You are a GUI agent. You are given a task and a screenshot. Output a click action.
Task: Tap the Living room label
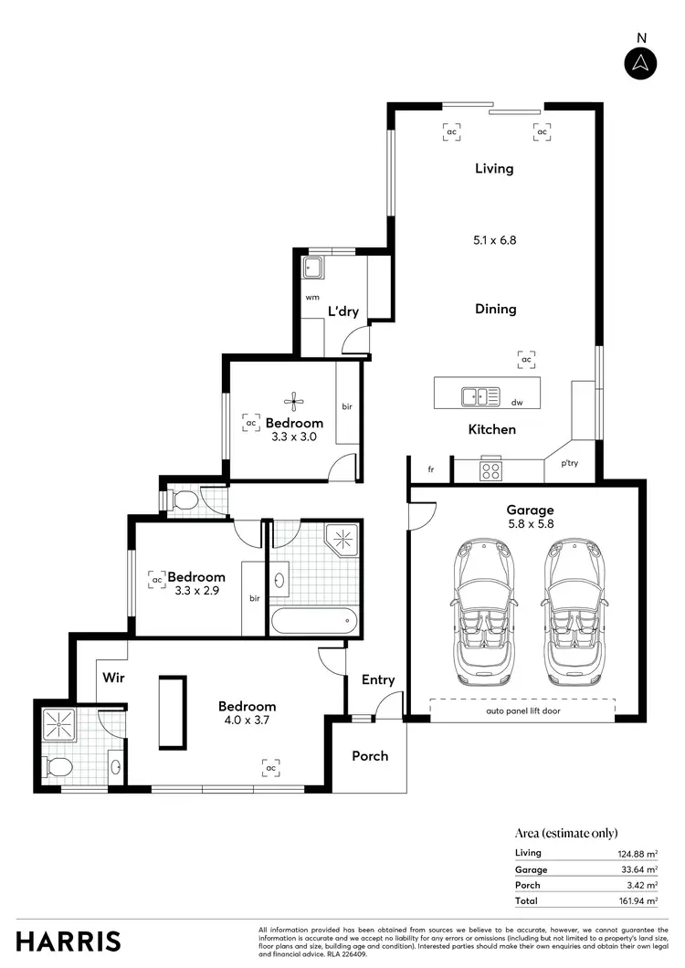[494, 168]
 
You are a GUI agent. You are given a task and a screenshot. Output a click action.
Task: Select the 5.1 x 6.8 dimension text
[495, 240]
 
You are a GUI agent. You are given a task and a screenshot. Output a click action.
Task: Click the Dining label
[495, 309]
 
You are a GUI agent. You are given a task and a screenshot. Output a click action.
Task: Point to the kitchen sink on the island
[474, 396]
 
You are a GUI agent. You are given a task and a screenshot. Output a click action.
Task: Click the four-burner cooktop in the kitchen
[490, 471]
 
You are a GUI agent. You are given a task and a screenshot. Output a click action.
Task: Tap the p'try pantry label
[569, 463]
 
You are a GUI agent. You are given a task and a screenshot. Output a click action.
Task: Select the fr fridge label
[431, 469]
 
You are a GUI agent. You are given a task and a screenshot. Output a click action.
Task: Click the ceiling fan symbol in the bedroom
[294, 400]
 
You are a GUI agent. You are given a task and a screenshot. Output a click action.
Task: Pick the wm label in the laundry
[311, 297]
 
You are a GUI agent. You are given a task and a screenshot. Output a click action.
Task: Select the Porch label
[370, 755]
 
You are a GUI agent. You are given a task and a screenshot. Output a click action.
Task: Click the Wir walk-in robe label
[113, 678]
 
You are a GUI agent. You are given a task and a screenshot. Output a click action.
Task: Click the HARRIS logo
[68, 941]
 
